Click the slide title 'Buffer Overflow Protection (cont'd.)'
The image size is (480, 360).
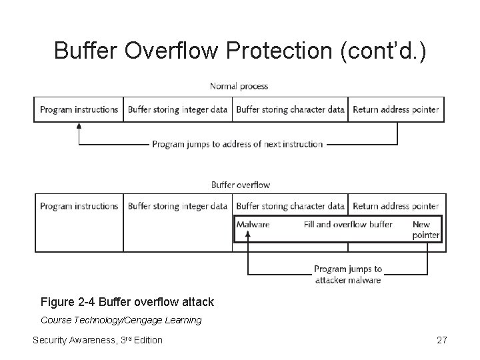[x=239, y=50]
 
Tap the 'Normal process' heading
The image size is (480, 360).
[x=239, y=86]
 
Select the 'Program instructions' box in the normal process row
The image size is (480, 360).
[x=79, y=109]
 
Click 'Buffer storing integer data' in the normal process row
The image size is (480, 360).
[x=178, y=109]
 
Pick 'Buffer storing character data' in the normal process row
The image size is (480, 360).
[x=290, y=109]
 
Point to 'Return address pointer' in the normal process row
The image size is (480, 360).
[x=396, y=109]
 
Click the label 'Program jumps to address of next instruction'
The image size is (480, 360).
[x=237, y=144]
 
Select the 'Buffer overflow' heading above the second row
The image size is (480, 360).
[x=241, y=185]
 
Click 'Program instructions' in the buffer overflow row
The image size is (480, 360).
[x=79, y=206]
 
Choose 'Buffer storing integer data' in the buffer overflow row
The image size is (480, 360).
[x=178, y=206]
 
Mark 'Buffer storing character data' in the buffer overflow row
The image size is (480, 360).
[x=290, y=206]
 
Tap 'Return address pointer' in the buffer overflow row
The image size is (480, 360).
[x=396, y=206]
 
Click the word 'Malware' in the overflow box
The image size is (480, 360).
[x=253, y=225]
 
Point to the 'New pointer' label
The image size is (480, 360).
[x=425, y=230]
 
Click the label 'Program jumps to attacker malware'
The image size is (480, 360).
[x=348, y=275]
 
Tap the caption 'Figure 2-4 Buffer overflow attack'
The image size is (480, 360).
[x=127, y=302]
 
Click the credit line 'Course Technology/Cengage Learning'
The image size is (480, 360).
[x=121, y=320]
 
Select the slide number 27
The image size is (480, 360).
[x=441, y=341]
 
